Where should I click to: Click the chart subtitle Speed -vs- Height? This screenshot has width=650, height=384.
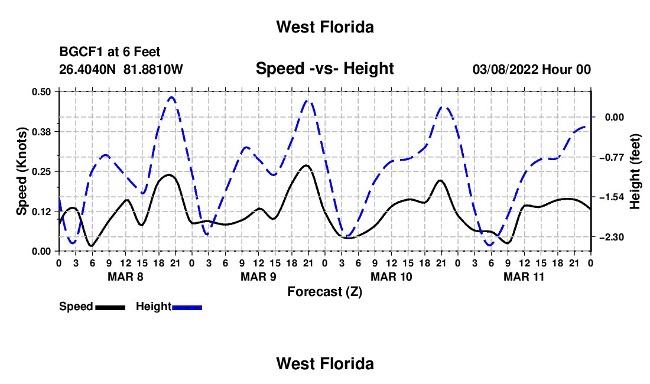(x=324, y=69)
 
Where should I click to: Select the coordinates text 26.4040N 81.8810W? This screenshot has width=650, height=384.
(x=121, y=69)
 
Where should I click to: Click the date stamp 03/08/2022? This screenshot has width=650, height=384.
(x=505, y=69)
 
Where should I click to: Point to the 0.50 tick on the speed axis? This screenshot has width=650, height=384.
(x=41, y=92)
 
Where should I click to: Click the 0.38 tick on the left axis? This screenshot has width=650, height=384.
(x=41, y=132)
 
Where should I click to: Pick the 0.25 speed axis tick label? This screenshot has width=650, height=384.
(x=41, y=171)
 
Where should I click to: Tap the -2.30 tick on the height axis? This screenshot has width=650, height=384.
(x=611, y=237)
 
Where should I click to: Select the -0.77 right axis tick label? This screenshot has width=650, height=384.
(x=611, y=157)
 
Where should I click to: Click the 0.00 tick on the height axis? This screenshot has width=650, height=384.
(x=615, y=117)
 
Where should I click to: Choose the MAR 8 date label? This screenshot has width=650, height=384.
(x=125, y=276)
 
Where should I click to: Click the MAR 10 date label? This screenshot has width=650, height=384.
(x=391, y=276)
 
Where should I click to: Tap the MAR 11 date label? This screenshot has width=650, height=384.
(x=524, y=276)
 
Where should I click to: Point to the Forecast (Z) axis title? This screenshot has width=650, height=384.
(x=324, y=292)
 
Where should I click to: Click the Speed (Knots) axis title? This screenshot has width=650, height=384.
(x=21, y=171)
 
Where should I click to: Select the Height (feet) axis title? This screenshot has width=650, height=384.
(x=635, y=171)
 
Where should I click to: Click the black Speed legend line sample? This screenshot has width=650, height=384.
(x=110, y=308)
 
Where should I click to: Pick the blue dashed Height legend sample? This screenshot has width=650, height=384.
(x=187, y=308)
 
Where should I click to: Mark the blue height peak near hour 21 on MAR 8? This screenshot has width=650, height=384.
(x=172, y=97)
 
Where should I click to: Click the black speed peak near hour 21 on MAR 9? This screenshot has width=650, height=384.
(x=306, y=165)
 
